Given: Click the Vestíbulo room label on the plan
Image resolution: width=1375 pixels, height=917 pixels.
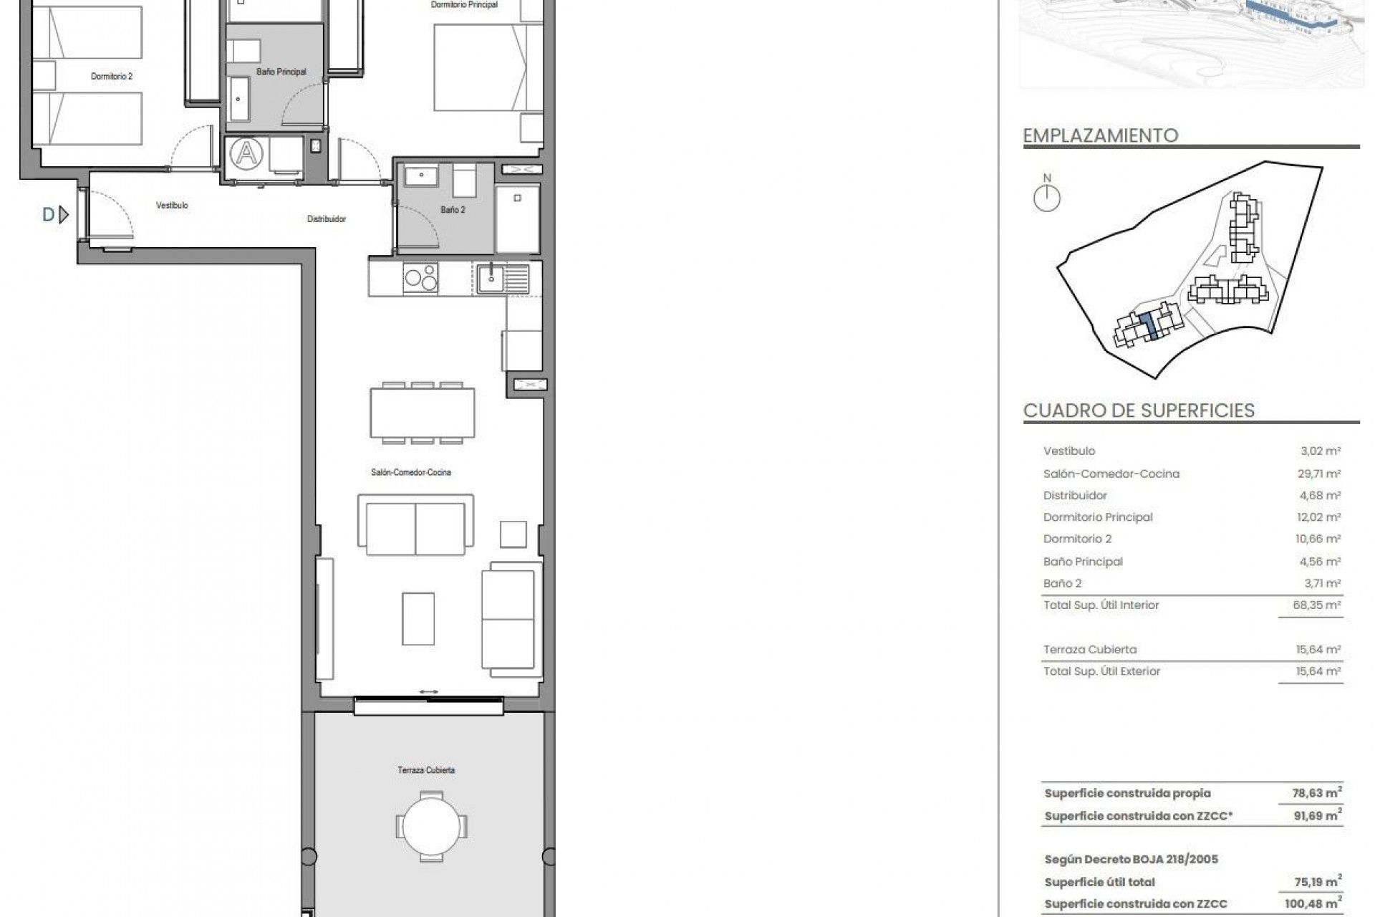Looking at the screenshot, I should coord(172,206).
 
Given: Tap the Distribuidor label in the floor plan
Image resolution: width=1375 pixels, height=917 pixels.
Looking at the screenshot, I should coord(327,219).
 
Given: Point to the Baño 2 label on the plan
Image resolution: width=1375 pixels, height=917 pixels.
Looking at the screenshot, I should coord(453,210).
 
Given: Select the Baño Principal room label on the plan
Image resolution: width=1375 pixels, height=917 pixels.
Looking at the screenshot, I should coord(281,72).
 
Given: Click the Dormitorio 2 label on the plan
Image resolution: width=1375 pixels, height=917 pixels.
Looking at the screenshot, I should coord(112,76).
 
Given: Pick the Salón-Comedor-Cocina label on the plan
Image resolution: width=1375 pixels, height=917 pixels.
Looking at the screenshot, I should coord(411,473).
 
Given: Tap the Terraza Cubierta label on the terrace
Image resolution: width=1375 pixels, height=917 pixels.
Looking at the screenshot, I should coord(426,770).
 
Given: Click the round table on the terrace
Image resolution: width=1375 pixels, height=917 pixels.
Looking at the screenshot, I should coord(431,826).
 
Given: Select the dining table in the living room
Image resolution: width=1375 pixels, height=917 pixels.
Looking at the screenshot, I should coord(423,413).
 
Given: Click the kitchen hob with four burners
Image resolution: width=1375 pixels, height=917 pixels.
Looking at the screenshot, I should coord(421,278).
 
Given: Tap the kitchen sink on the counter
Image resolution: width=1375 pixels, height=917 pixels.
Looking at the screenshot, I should coord(491,278).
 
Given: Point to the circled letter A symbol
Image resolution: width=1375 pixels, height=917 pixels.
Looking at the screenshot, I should coord(246,154).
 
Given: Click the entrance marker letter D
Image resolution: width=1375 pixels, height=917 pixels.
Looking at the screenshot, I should coord(49,214).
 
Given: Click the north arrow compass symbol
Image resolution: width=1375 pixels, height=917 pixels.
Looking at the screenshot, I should coord(1047,198).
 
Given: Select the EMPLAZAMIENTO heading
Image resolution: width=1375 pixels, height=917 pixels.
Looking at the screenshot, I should coord(1100,135).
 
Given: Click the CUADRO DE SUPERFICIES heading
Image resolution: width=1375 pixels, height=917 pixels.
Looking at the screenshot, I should coord(1139,411).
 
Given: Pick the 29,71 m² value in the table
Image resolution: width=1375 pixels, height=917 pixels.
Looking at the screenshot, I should coord(1321,474).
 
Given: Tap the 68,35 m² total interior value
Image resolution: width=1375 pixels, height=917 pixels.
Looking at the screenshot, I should coord(1316,605).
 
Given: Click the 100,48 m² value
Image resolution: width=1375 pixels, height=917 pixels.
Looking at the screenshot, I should coord(1312,904).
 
